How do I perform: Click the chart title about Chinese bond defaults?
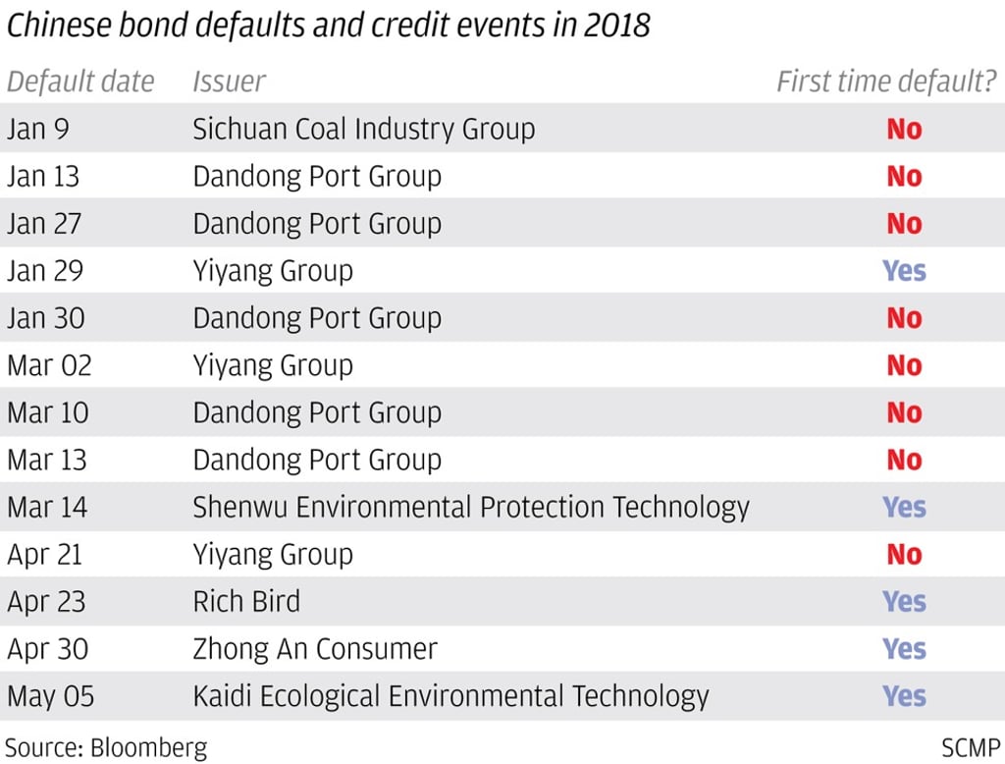[328, 25]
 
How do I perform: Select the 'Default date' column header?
[80, 82]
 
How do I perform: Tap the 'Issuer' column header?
[229, 82]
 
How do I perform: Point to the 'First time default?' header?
[886, 82]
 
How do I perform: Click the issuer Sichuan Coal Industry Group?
[363, 129]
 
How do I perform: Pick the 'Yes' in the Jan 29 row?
[904, 270]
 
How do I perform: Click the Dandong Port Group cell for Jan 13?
[317, 177]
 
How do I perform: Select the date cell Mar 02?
[49, 365]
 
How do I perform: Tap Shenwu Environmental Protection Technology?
[471, 507]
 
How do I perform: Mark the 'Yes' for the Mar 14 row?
[904, 507]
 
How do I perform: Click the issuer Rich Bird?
[246, 601]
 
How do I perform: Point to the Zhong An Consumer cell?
[315, 648]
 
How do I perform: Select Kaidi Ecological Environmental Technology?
[450, 696]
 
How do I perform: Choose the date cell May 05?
[51, 696]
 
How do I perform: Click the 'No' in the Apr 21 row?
[904, 554]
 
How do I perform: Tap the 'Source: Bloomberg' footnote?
[107, 746]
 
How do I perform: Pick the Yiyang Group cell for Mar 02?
[273, 365]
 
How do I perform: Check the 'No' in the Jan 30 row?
[904, 318]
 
